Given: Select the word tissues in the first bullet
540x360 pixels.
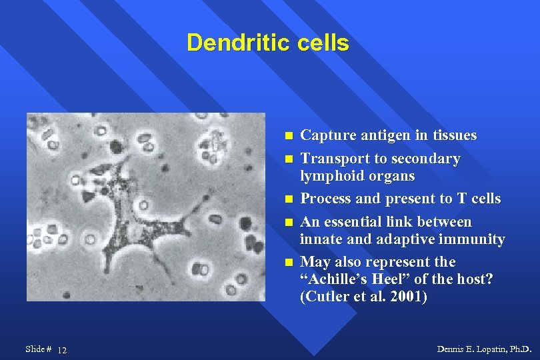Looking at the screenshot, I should click(454, 135).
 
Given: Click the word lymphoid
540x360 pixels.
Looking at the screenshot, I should click(332, 177).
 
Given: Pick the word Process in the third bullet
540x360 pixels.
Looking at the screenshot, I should click(327, 199).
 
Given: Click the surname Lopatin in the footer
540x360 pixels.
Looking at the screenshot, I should click(491, 349).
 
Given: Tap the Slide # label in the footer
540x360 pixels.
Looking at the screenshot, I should click(39, 349).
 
